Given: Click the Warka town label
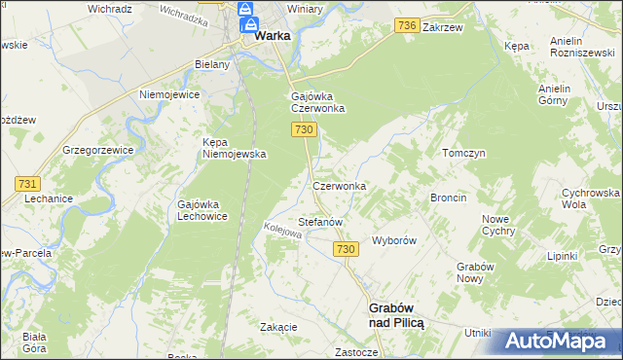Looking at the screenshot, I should [275, 36].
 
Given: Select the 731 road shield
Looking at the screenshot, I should [27, 183].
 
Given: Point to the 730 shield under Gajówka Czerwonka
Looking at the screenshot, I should [304, 129].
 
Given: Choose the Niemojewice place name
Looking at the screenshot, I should [169, 94].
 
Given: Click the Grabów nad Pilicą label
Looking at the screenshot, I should [396, 314].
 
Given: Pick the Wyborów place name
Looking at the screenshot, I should [394, 240].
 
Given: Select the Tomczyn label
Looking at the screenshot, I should [463, 154].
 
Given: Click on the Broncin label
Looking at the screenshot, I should [449, 198].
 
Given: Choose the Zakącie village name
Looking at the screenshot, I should [278, 327].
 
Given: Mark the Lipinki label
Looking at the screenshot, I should [562, 256].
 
